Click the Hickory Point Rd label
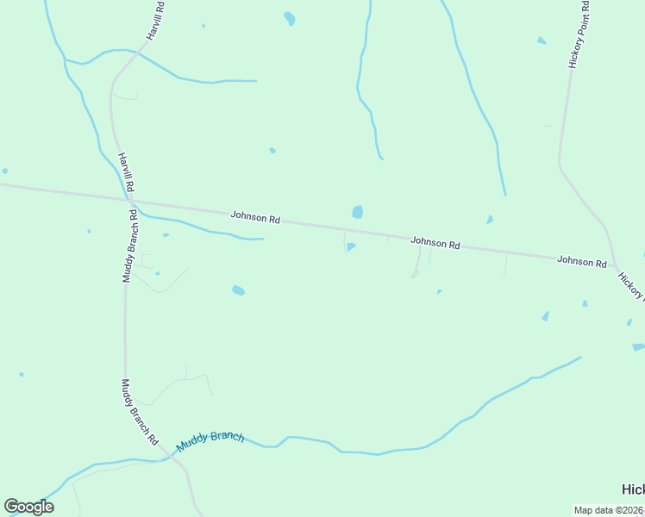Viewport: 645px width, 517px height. (577, 34)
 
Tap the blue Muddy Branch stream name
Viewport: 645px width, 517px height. (210, 441)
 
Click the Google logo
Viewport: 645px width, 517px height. (28, 507)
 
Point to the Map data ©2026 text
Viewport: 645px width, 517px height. (609, 510)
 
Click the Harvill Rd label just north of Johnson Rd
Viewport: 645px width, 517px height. (126, 172)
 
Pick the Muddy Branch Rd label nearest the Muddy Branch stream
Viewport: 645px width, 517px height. (140, 412)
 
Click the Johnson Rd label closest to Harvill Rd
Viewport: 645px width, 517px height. (255, 218)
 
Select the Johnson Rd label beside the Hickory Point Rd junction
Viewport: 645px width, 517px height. (582, 260)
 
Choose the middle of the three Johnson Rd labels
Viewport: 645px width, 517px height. (435, 243)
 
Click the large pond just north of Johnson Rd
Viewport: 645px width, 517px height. (357, 212)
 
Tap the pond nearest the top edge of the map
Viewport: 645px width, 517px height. (290, 18)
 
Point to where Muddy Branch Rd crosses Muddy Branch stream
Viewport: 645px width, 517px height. (169, 458)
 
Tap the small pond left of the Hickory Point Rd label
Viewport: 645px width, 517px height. (542, 40)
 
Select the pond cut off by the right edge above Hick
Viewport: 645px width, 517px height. (638, 347)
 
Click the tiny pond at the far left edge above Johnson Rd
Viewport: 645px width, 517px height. (4, 171)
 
